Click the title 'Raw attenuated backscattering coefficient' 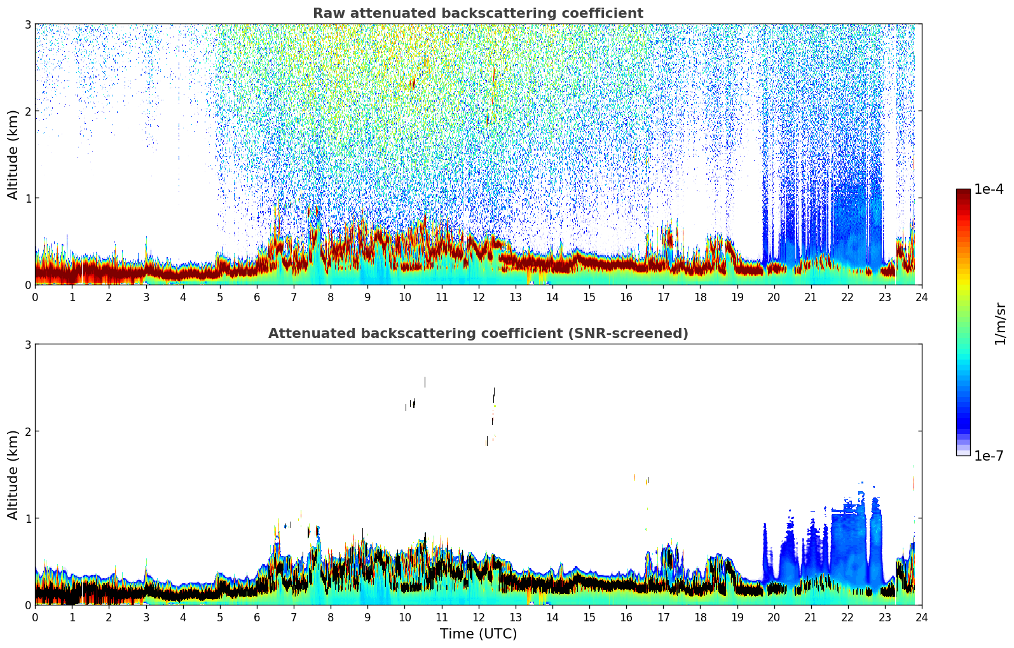coord(477,13)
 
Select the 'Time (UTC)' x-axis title coord(478,633)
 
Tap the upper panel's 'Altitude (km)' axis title coord(13,154)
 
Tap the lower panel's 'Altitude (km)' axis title coord(13,475)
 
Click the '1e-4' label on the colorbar coord(989,189)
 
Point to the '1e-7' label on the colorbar coord(989,456)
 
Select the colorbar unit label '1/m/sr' coord(1000,323)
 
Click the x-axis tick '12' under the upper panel coord(479,297)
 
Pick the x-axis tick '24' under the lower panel coord(922,617)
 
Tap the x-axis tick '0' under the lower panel coord(35,617)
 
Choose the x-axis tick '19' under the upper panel coord(737,297)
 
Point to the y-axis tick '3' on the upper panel coord(28,24)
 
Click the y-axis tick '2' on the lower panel coord(28,431)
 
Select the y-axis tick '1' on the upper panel coord(28,198)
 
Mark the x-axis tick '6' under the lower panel coord(257,617)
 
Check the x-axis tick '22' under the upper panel coord(848,297)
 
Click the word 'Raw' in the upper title coord(326,13)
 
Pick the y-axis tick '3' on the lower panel coord(28,344)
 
